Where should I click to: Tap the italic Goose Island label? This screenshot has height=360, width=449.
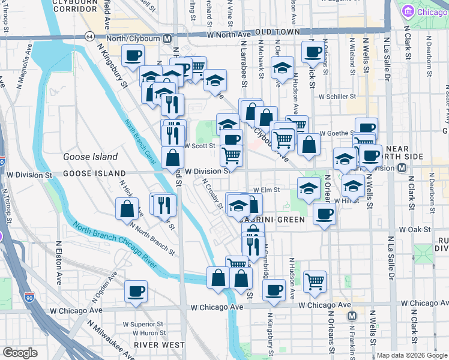[90, 157]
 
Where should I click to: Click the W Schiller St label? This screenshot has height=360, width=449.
[337, 96]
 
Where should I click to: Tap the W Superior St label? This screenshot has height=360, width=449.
[143, 324]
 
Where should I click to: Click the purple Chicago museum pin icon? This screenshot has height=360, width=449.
[408, 11]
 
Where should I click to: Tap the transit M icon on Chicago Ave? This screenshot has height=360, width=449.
[352, 316]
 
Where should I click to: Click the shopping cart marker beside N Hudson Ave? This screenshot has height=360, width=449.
[314, 281]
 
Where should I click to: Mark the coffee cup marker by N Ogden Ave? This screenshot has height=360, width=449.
[136, 292]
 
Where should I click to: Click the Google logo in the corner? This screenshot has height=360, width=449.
[20, 353]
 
